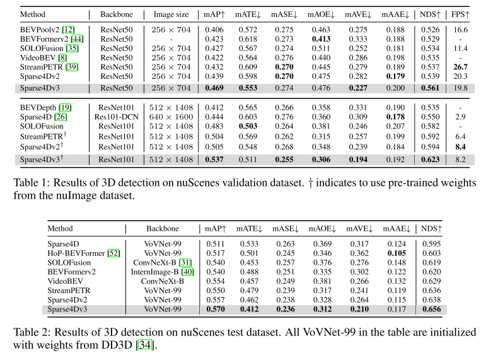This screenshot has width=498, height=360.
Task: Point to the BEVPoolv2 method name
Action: tap(39, 30)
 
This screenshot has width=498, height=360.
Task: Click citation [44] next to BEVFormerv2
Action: tap(81, 38)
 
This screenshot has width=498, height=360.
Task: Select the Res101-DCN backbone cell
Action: tap(115, 117)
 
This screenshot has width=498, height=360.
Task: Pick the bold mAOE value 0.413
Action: tap(321, 38)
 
